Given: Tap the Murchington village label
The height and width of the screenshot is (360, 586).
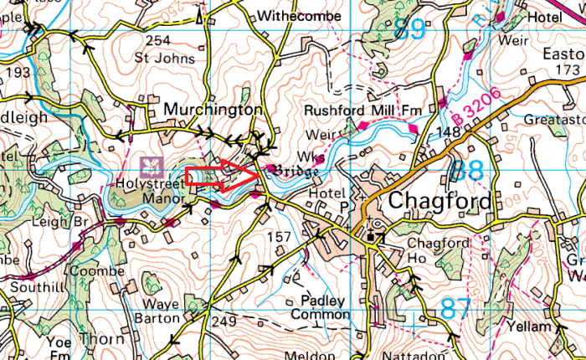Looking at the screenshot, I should tap(213, 110).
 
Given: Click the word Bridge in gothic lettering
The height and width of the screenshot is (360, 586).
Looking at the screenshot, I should tap(293, 171).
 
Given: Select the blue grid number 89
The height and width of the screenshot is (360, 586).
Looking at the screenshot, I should tap(409, 28).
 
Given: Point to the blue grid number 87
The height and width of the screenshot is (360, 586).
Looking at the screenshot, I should tap(456, 308).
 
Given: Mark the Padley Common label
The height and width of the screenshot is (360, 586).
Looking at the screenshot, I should tap(320, 306).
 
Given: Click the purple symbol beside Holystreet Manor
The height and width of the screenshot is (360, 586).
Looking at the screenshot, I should tap(151, 163).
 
